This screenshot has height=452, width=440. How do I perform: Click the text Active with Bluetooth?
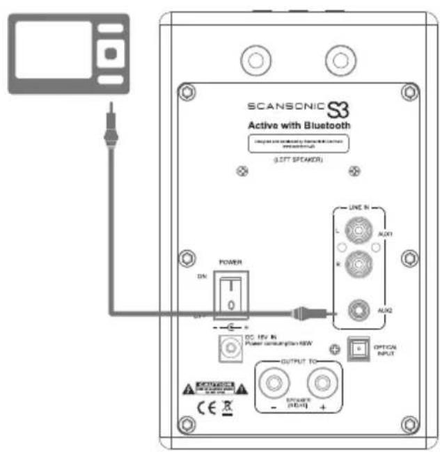tap(299, 126)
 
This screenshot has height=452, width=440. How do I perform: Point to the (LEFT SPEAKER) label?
tap(299, 160)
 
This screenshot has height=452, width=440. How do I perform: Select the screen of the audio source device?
tap(54, 49)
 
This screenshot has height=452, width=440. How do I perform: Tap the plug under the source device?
tap(109, 131)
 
